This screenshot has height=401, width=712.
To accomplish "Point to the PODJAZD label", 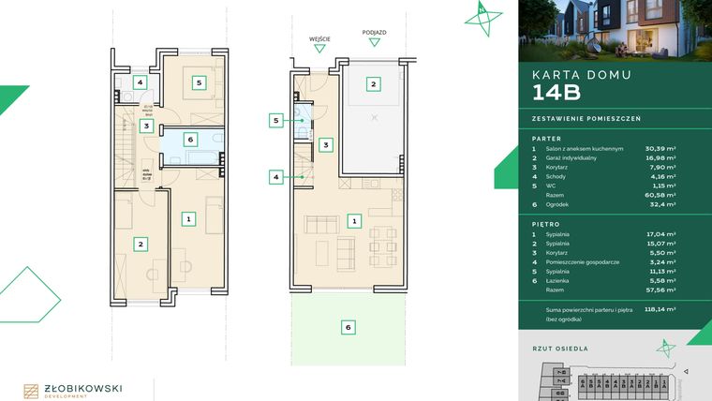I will tap(374, 31).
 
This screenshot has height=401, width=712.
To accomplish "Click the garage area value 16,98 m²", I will tap(661, 158).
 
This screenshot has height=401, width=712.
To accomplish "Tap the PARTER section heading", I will tap(545, 137).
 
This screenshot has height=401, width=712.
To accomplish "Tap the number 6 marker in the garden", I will tap(348, 327).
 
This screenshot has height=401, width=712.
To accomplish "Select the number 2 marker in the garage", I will tap(373, 84).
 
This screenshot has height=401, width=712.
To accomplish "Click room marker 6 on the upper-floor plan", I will tap(190, 140).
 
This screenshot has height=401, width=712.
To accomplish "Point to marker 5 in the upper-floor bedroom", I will tap(199, 82).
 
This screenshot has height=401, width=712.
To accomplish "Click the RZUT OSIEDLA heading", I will tap(560, 348).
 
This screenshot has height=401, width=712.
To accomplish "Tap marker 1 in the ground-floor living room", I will tap(354, 221).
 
